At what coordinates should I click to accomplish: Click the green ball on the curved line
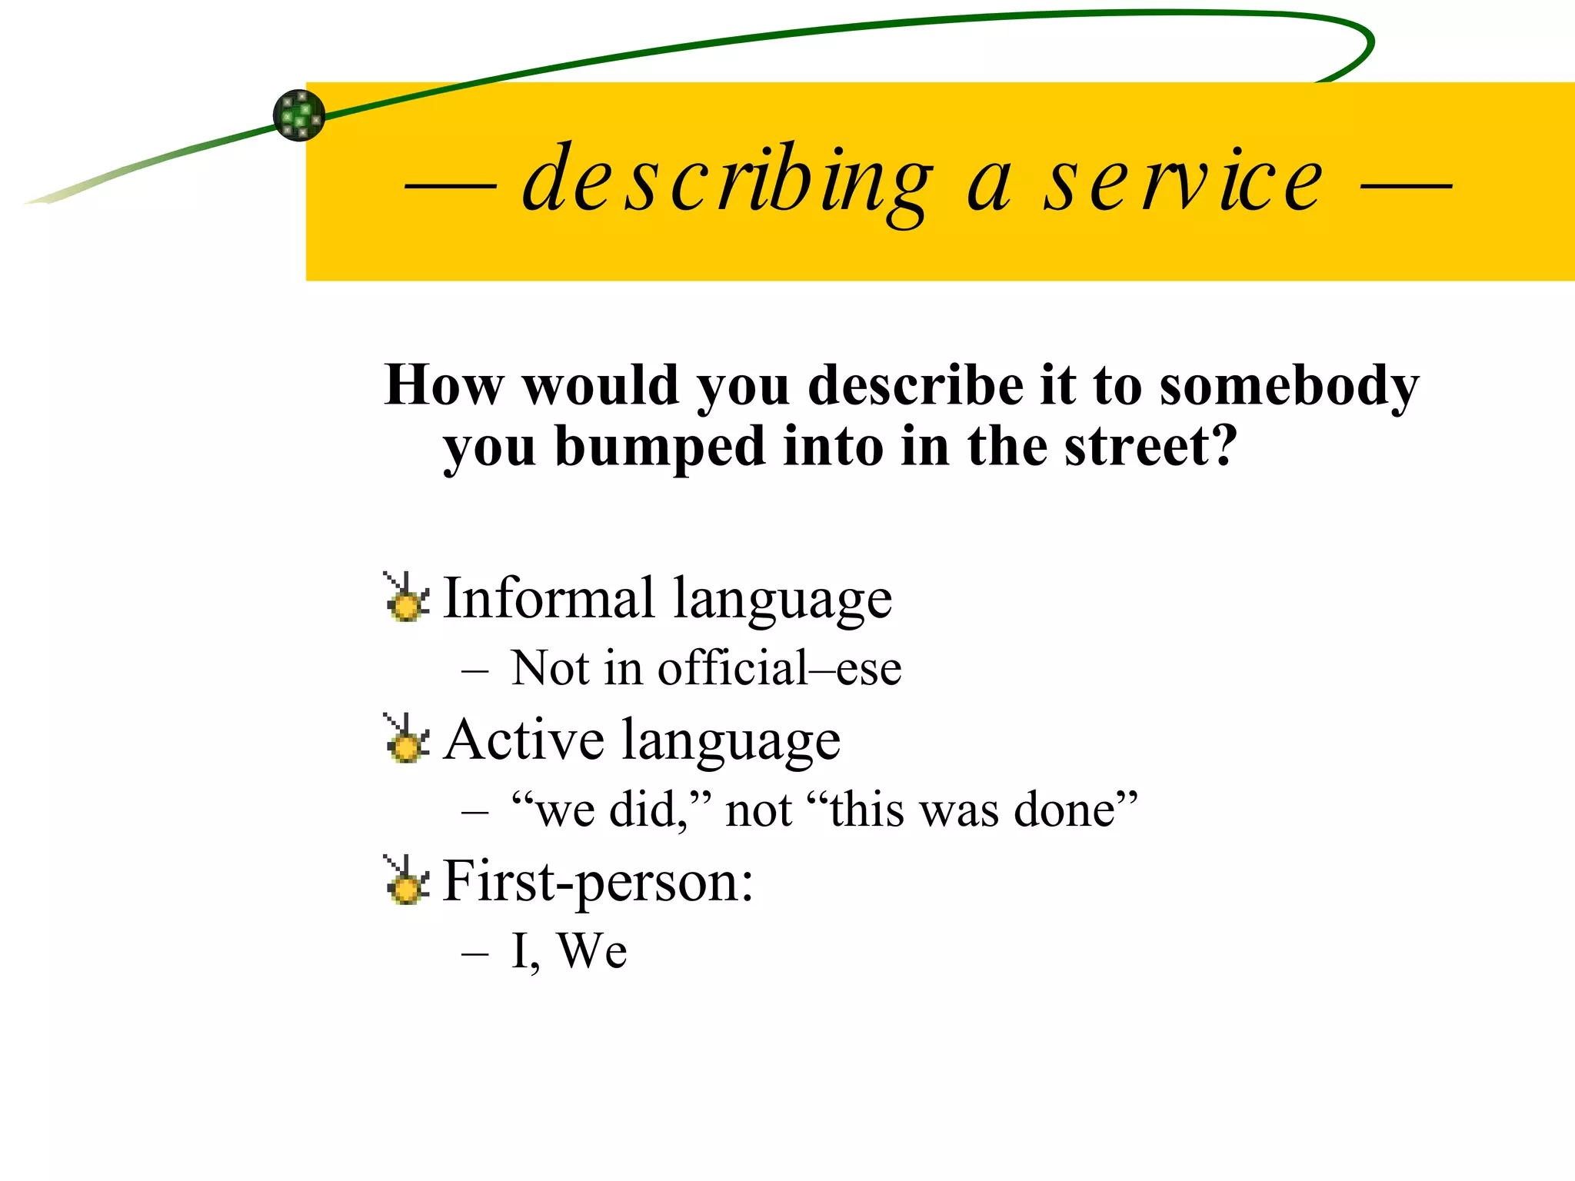(299, 115)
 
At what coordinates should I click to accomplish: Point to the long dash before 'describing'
(451, 185)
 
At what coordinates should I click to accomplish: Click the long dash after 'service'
(1406, 185)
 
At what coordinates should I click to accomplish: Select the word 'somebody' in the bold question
(1289, 386)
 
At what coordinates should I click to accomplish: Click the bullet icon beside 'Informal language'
(405, 597)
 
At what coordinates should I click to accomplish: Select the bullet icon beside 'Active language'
(405, 738)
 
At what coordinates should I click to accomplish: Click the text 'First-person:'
(598, 882)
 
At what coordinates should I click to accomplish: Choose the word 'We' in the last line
(591, 951)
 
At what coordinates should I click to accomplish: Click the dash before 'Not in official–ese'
(475, 670)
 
